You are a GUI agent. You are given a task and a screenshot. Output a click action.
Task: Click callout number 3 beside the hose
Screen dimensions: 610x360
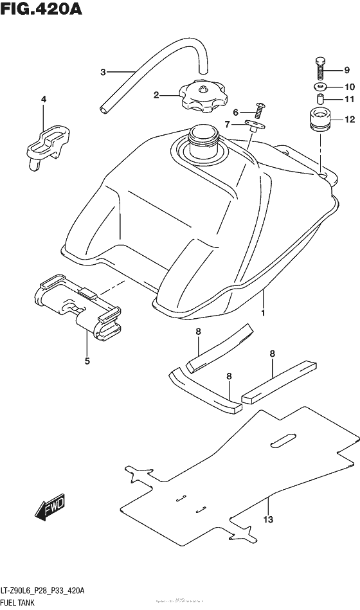(102, 72)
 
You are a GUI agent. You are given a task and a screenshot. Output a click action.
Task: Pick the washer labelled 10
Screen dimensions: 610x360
(320, 87)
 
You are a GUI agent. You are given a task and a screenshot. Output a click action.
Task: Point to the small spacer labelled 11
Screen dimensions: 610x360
(319, 100)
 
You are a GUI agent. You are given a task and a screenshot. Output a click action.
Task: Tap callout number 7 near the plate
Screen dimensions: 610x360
(227, 123)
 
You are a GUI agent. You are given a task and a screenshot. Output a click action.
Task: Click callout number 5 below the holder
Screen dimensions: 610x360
(87, 361)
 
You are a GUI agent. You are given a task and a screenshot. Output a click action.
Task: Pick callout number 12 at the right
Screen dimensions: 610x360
(349, 119)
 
